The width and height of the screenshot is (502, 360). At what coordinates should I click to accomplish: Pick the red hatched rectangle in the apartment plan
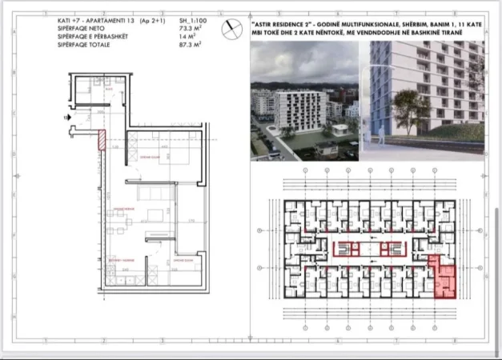[x=102, y=142]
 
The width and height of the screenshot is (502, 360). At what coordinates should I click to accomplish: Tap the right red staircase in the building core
[x=390, y=249]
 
